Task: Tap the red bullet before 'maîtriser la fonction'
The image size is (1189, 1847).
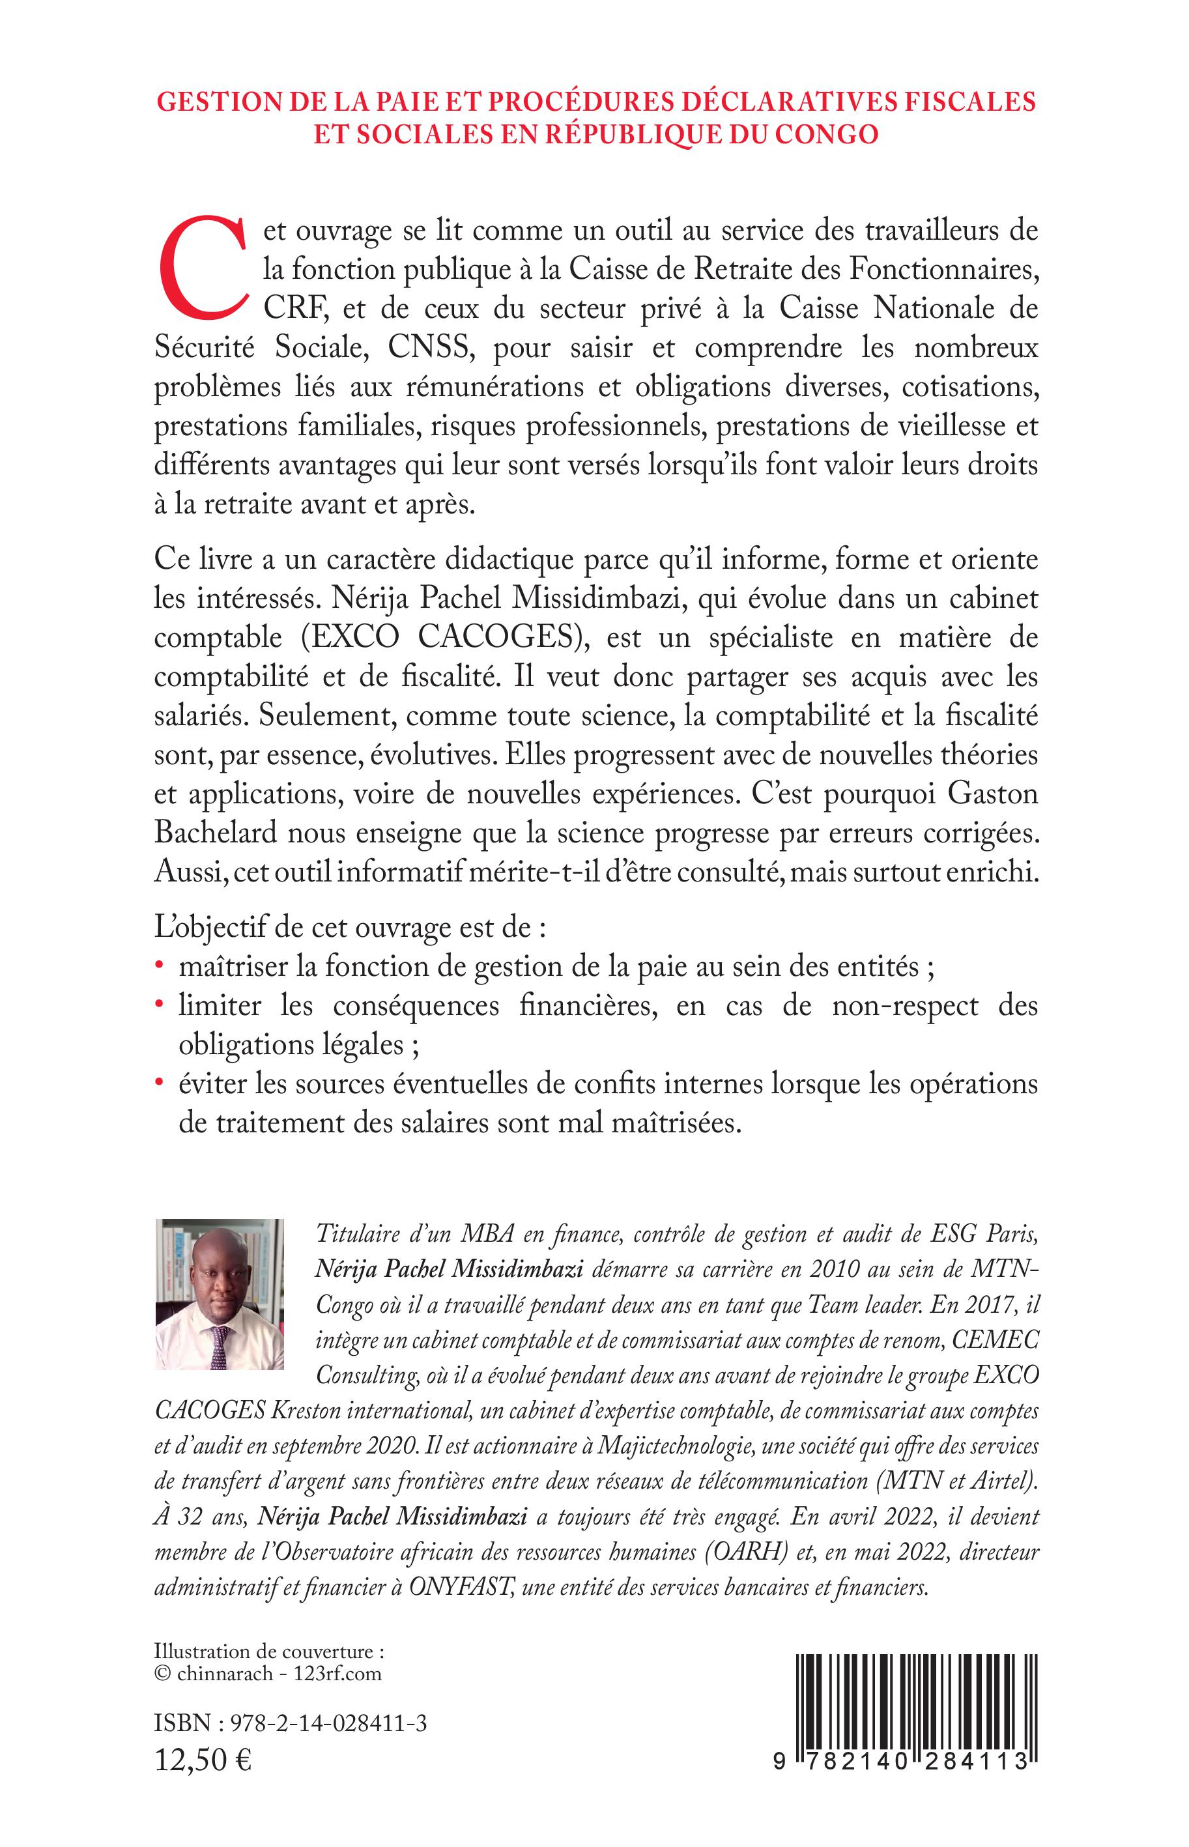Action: coord(159,967)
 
